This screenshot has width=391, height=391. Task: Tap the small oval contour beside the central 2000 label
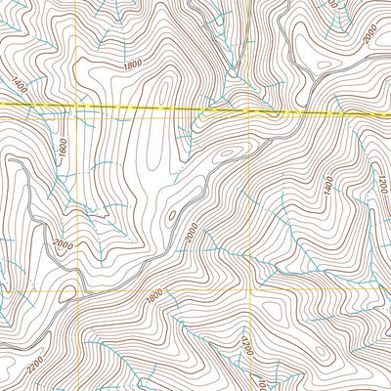(x=172, y=214)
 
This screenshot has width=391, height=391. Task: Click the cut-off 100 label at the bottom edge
(x=258, y=384)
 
